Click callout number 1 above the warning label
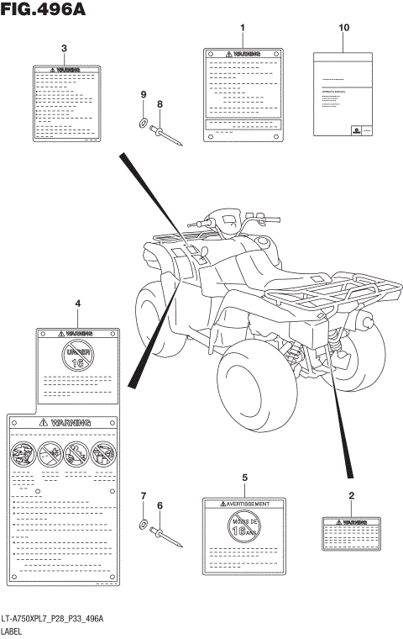(243, 28)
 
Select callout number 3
(64, 47)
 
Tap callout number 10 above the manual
(343, 28)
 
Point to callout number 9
(144, 93)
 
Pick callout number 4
(77, 303)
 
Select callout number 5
(244, 478)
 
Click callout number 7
(144, 495)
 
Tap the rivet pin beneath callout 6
(168, 537)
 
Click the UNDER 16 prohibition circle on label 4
(77, 356)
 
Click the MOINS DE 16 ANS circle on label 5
(244, 528)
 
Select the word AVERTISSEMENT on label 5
(249, 504)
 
